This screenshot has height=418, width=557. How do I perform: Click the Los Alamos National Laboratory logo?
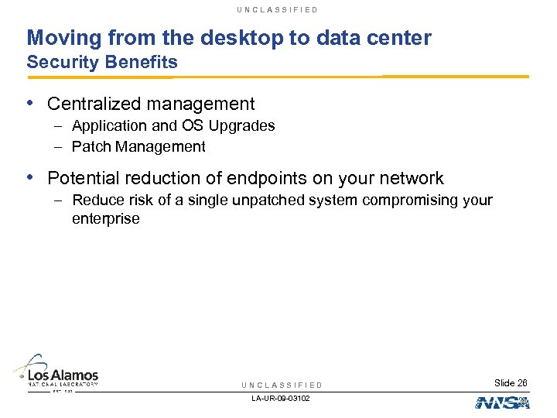(x=56, y=372)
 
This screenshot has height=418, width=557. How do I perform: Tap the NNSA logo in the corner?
(x=501, y=402)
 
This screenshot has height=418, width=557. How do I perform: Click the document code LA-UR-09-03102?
(x=282, y=398)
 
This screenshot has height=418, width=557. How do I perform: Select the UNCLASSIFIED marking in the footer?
(x=282, y=385)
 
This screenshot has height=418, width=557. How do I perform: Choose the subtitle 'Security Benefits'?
(x=102, y=62)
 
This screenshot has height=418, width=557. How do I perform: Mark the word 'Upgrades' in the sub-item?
(x=244, y=125)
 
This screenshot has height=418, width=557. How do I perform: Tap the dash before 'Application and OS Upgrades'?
(x=59, y=125)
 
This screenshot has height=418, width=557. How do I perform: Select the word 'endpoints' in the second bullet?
(x=287, y=178)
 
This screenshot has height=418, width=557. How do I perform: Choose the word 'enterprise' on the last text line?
(x=106, y=218)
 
